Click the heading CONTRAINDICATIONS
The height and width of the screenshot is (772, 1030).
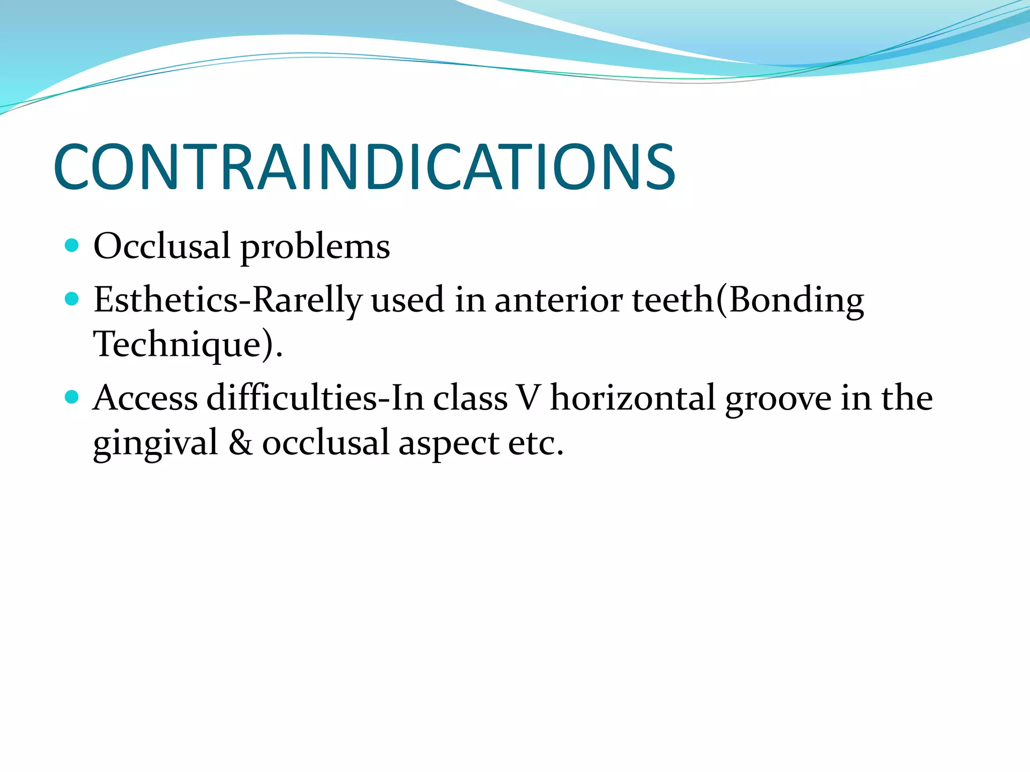(x=364, y=167)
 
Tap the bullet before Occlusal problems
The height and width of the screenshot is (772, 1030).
(x=72, y=245)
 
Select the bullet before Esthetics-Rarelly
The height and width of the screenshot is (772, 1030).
(x=72, y=299)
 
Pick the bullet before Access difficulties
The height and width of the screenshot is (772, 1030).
(x=72, y=397)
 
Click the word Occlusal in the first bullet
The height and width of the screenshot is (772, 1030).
(x=161, y=246)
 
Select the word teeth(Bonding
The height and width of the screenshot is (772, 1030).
(x=748, y=301)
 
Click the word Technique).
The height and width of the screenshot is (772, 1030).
(x=188, y=345)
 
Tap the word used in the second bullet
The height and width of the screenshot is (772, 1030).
(x=408, y=301)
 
